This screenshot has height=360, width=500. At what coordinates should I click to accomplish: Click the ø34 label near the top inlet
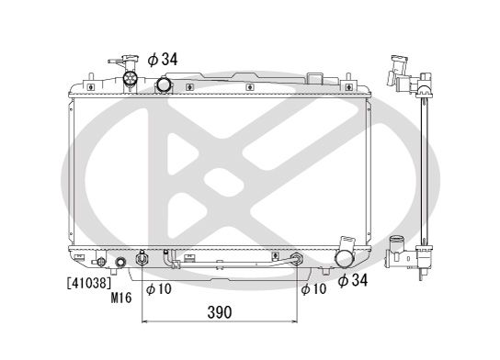tap(162, 60)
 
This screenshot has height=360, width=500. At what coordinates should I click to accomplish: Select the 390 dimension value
tap(218, 312)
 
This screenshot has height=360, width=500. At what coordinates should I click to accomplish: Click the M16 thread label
tap(122, 298)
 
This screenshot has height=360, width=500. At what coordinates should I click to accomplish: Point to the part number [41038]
tap(85, 285)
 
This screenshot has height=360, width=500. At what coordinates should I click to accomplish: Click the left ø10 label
tap(159, 289)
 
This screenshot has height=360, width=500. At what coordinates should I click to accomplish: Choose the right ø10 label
tap(313, 289)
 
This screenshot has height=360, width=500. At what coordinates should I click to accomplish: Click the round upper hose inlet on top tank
tap(163, 85)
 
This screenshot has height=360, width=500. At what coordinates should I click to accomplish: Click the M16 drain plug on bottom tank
tap(119, 264)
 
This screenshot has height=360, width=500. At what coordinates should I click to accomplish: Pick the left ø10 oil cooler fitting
tap(141, 260)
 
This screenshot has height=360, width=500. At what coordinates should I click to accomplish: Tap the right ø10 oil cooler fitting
tap(296, 260)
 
